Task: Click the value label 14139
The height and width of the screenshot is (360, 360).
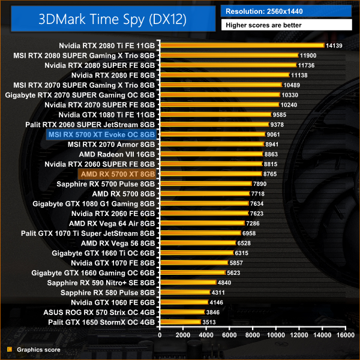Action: click(332, 45)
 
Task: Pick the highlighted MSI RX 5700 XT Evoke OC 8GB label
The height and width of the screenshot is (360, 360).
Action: click(101, 134)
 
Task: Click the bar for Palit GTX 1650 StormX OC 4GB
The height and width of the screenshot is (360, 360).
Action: click(179, 322)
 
